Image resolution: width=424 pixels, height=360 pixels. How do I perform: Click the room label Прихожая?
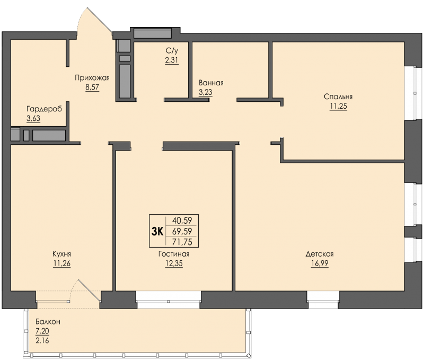92,78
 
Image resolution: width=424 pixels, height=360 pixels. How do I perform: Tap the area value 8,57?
92,87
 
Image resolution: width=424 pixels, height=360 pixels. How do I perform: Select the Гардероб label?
44,109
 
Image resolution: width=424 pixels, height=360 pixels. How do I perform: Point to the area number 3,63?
33,118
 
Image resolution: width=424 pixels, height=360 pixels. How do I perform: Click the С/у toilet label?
172,50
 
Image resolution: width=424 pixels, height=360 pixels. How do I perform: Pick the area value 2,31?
172,60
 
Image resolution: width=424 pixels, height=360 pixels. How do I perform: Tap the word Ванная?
211,83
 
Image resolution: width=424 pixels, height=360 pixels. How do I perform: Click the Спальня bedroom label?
338,97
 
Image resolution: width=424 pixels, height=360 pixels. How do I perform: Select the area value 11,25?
338,106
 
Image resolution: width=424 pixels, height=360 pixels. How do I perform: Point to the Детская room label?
320,254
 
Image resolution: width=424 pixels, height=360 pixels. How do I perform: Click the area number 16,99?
320,264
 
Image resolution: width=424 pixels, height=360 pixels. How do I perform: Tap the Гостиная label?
174,254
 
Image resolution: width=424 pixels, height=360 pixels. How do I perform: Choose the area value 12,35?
174,264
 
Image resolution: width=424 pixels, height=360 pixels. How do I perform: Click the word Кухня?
61,254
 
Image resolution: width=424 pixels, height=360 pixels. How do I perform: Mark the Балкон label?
48,322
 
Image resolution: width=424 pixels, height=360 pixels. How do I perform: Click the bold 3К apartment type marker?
157,232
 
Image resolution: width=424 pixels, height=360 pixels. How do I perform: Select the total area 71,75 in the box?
182,242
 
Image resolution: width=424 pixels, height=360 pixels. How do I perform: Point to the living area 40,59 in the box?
182,221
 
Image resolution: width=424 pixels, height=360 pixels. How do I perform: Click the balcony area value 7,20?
42,331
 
